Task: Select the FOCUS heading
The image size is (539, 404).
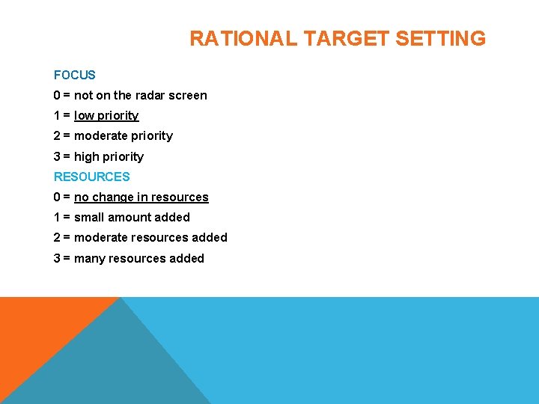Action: pos(75,75)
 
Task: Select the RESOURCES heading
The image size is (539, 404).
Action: pos(91,177)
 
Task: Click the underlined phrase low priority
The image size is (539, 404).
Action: pos(106,115)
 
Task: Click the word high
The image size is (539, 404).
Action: pos(88,156)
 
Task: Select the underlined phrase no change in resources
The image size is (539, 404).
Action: pos(141,197)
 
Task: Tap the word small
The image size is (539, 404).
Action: pos(89,217)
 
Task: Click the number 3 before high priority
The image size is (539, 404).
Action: pos(57,156)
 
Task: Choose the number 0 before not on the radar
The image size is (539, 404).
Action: pos(57,95)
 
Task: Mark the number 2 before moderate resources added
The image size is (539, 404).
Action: pos(57,237)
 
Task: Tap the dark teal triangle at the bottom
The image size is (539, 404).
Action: pos(120,367)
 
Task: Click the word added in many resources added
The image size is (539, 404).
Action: pos(187,258)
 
